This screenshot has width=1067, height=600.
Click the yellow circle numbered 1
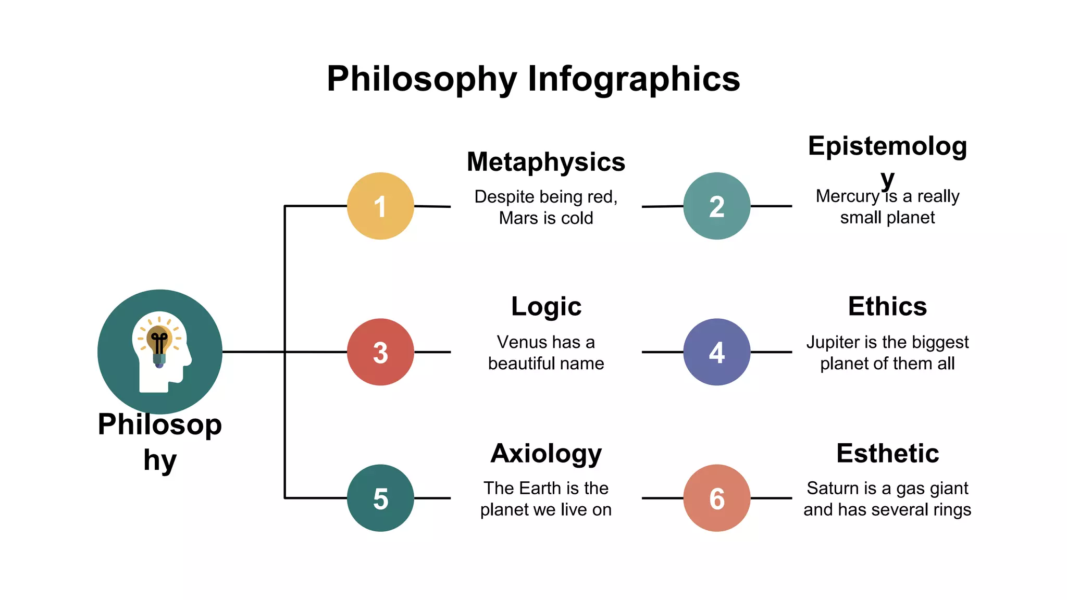click(x=380, y=206)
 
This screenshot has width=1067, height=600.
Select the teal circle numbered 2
click(x=716, y=206)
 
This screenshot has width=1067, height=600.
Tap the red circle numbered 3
click(x=380, y=352)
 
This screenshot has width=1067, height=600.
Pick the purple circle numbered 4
click(x=716, y=352)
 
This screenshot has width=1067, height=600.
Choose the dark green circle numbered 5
click(x=380, y=498)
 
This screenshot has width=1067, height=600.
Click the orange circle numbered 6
click(x=716, y=498)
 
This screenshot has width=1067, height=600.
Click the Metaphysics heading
click(x=545, y=162)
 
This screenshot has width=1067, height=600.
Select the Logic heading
click(x=546, y=306)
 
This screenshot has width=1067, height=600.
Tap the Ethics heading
click(x=887, y=306)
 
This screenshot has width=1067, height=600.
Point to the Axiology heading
click(x=546, y=453)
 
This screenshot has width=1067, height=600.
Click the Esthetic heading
click(x=887, y=453)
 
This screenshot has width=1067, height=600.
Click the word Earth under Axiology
click(x=541, y=489)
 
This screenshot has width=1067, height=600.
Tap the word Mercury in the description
click(x=847, y=196)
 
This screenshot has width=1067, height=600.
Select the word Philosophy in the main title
click(x=421, y=79)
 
